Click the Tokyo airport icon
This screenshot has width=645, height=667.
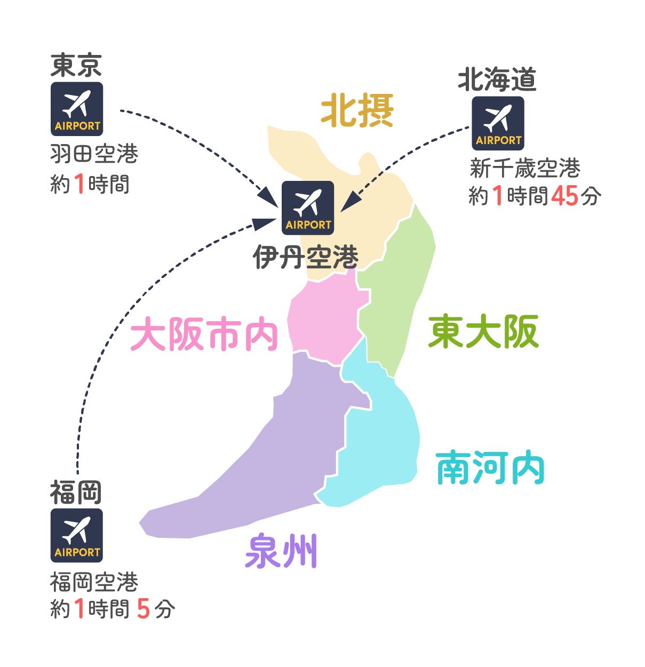(77, 109)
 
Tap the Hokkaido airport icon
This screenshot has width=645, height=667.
(498, 123)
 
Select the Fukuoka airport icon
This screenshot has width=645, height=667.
(77, 535)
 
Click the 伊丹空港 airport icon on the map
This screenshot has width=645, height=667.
(308, 208)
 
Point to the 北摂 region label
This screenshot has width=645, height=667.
(357, 110)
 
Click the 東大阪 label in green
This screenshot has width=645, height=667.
(483, 331)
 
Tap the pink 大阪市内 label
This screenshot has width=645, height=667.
(204, 333)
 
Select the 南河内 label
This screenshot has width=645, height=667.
(490, 467)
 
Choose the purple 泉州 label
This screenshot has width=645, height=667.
(281, 551)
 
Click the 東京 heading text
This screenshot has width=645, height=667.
(76, 65)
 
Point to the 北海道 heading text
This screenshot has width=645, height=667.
(497, 79)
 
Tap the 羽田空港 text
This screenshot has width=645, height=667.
(94, 154)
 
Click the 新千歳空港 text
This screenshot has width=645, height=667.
(525, 168)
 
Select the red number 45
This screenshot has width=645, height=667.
(564, 196)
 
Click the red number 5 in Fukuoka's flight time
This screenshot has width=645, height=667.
(144, 609)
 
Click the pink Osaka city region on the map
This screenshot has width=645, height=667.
(325, 319)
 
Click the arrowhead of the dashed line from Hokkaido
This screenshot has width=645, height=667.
(351, 203)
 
